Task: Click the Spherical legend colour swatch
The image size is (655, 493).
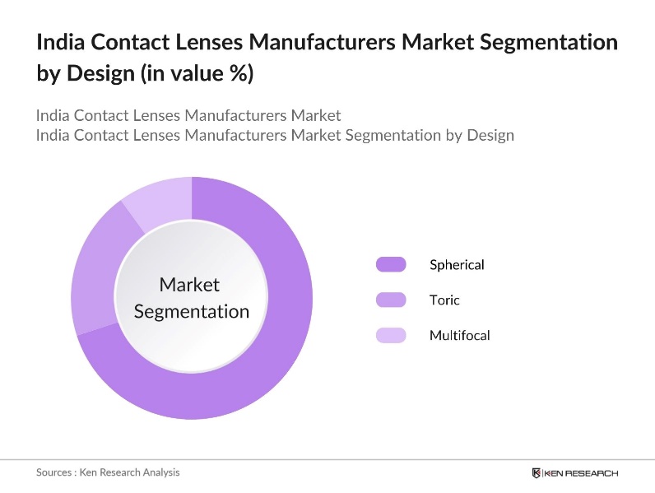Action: click(x=391, y=264)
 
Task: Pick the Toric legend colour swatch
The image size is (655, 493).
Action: click(x=391, y=300)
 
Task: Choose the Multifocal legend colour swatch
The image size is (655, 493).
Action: click(x=391, y=335)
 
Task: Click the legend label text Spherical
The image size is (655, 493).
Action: click(x=457, y=264)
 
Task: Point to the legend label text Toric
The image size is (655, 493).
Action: click(x=444, y=300)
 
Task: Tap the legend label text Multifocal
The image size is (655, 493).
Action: click(x=459, y=335)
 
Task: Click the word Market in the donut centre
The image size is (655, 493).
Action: click(x=189, y=285)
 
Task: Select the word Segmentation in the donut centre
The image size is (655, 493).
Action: click(x=191, y=311)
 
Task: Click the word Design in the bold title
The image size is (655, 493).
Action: click(x=91, y=74)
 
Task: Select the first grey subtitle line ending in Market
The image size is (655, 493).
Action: click(x=188, y=114)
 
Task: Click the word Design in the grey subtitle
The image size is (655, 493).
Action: click(x=490, y=135)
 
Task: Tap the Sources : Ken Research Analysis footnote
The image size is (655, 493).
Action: click(x=108, y=472)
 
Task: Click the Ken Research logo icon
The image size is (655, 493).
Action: click(x=537, y=472)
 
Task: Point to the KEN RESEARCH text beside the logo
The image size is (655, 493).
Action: click(x=581, y=473)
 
